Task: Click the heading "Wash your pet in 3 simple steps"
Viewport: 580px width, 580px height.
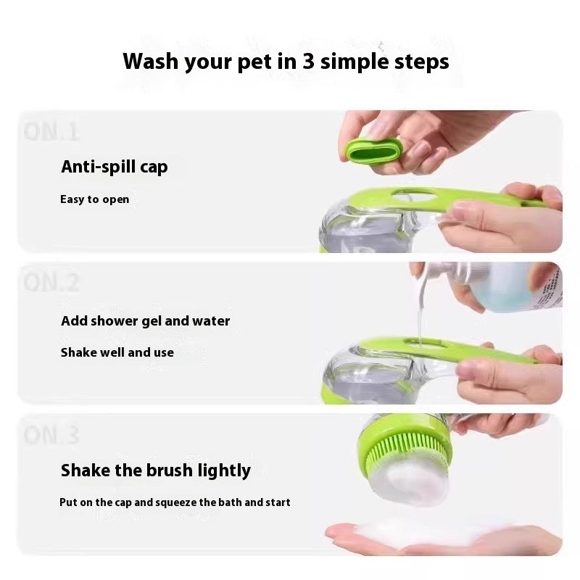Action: pyautogui.click(x=286, y=61)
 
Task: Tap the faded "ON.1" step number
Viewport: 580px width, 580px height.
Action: pyautogui.click(x=51, y=131)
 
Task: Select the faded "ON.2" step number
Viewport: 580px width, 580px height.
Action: pyautogui.click(x=51, y=282)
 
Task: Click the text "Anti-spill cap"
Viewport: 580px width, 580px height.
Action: pyautogui.click(x=114, y=167)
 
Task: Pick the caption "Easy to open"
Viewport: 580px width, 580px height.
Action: pyautogui.click(x=94, y=199)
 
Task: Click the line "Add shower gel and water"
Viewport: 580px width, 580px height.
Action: pyautogui.click(x=145, y=320)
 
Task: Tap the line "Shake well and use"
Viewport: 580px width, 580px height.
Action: pyautogui.click(x=117, y=352)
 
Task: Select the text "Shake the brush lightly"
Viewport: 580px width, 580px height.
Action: pyautogui.click(x=155, y=470)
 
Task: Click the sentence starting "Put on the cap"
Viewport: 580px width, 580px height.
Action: pyautogui.click(x=175, y=502)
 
